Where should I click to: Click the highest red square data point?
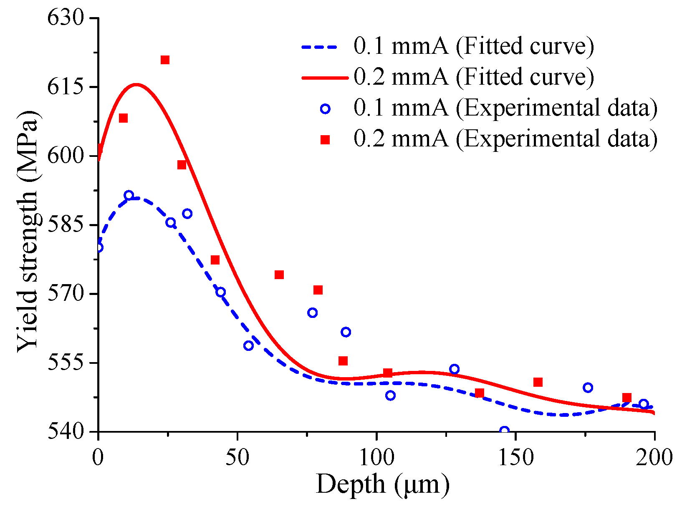click(x=165, y=60)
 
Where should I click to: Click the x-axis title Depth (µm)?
click(x=383, y=485)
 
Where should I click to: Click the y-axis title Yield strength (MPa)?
click(x=28, y=232)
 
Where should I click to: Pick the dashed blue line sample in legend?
click(x=324, y=47)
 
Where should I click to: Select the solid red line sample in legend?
click(x=324, y=78)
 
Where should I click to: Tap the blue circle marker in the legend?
click(x=325, y=109)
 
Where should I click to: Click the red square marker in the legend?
click(x=325, y=140)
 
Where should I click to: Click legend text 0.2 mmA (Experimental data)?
click(x=505, y=139)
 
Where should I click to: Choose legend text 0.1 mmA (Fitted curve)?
click(x=473, y=46)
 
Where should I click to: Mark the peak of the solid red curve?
click(x=136, y=85)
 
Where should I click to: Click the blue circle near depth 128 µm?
click(x=455, y=369)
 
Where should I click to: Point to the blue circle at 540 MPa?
click(x=504, y=431)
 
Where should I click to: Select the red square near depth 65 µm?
click(x=279, y=275)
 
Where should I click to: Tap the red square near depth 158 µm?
click(x=538, y=382)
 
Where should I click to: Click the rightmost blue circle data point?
click(x=644, y=404)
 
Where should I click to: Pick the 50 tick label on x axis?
click(x=237, y=457)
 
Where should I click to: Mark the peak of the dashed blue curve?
click(x=134, y=199)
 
